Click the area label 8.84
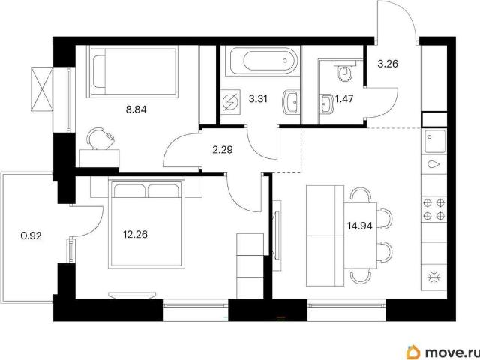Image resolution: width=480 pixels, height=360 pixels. pyautogui.click(x=136, y=109)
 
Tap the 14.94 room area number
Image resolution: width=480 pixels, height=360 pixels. pyautogui.click(x=360, y=226)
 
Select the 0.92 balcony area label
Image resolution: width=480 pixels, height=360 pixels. pyautogui.click(x=31, y=235)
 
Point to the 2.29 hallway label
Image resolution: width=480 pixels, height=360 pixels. pyautogui.click(x=223, y=150)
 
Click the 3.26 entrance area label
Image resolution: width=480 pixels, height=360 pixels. pyautogui.click(x=388, y=64)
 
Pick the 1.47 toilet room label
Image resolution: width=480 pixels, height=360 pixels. pyautogui.click(x=344, y=99)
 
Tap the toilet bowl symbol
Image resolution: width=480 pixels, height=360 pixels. pyautogui.click(x=345, y=71)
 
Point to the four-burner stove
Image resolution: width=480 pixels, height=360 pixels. pyautogui.click(x=433, y=209)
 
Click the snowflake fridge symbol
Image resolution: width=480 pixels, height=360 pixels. pyautogui.click(x=434, y=277)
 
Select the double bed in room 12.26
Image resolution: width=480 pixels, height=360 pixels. pyautogui.click(x=147, y=224)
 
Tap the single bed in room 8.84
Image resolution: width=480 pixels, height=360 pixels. pyautogui.click(x=132, y=72)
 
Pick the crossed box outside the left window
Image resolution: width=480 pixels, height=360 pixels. pyautogui.click(x=42, y=89)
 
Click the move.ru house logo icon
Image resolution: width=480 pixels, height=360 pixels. pyautogui.click(x=413, y=352)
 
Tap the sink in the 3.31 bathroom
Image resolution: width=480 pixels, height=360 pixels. pyautogui.click(x=290, y=102)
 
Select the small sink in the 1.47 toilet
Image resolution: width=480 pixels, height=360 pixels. pyautogui.click(x=327, y=103)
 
